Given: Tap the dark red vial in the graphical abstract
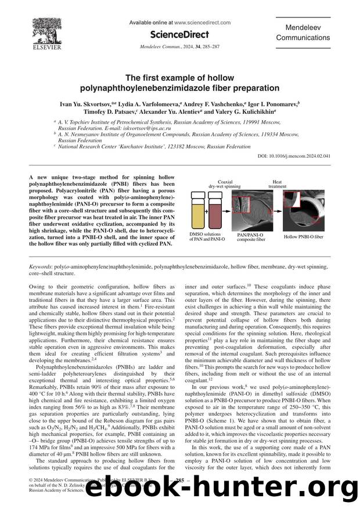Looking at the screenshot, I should tap(214, 212).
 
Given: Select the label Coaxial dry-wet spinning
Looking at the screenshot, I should tap(224, 184).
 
